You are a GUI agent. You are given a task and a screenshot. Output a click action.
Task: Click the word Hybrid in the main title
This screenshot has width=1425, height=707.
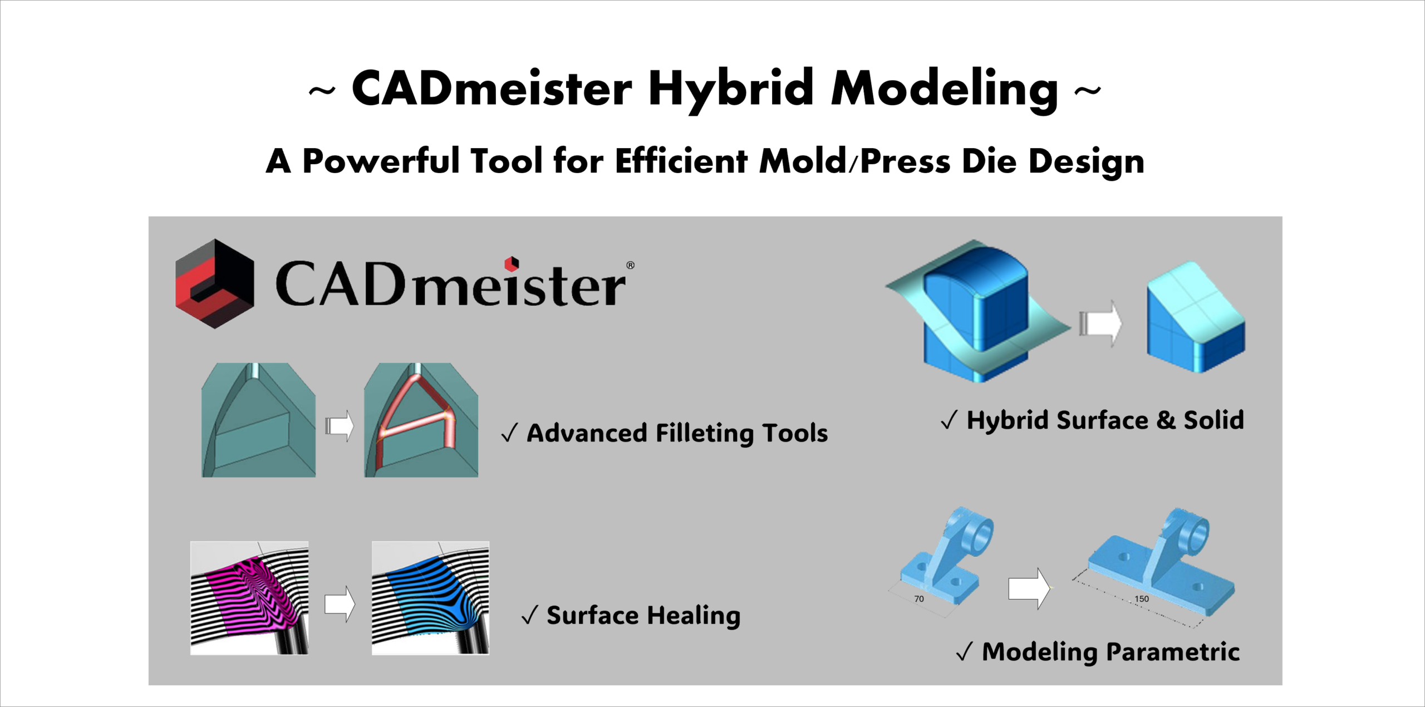click(x=731, y=90)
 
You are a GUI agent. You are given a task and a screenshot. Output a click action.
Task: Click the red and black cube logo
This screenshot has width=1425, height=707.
click(x=215, y=284)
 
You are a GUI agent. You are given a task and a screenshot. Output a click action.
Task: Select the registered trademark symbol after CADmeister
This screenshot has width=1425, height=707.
click(x=630, y=265)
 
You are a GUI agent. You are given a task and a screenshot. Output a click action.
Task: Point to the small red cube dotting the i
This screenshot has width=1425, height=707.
click(x=512, y=263)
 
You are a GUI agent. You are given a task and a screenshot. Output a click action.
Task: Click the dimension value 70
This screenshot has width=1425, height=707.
click(x=919, y=599)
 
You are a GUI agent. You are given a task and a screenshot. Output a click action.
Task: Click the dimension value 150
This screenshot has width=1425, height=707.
click(x=1142, y=599)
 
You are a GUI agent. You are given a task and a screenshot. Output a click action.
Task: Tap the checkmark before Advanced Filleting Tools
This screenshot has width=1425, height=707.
click(x=509, y=433)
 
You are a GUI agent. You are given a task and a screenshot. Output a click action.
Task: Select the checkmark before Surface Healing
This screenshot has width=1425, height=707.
click(x=529, y=615)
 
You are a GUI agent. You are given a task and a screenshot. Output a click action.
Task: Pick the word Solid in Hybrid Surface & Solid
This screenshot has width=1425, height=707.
click(x=1213, y=420)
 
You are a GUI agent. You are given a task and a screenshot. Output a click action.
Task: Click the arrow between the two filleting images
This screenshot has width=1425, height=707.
click(x=340, y=426)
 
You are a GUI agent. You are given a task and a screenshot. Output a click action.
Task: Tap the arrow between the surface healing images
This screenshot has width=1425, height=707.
click(x=340, y=604)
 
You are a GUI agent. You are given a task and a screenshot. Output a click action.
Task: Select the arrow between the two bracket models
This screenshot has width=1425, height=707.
click(x=1029, y=588)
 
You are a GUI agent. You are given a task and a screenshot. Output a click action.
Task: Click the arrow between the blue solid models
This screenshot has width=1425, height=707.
click(x=1100, y=323)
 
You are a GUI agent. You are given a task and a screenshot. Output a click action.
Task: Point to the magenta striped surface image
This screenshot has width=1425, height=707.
click(x=249, y=598)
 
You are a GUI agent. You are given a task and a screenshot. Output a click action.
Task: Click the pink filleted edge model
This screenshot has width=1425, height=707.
click(x=421, y=420)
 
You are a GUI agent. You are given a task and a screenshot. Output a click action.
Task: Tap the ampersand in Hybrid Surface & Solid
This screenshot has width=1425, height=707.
click(x=1166, y=420)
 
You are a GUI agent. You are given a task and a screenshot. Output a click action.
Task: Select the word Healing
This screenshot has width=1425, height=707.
click(x=694, y=616)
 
